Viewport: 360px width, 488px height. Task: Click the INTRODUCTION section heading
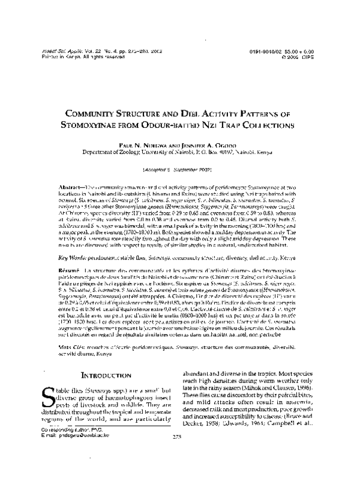pos(109,359)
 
